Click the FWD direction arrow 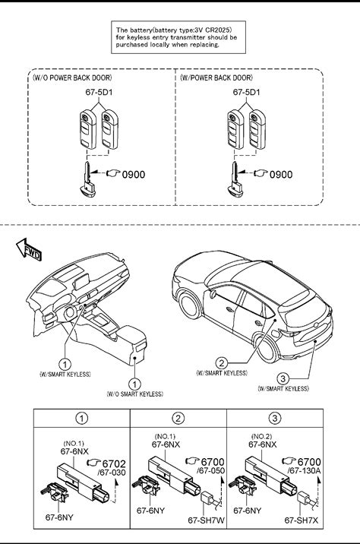29,249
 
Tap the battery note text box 178,37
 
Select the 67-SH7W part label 206,520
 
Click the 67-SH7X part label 302,520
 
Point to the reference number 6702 114,463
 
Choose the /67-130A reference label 305,471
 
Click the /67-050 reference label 211,471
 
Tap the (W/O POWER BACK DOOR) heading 72,77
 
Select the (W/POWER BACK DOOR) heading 216,77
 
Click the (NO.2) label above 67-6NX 261,436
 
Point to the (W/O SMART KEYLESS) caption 135,394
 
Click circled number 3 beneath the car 283,378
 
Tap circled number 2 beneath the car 221,363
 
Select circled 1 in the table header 81,418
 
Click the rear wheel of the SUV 267,348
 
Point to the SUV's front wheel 190,306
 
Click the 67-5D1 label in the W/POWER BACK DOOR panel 246,92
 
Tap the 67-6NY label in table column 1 59,517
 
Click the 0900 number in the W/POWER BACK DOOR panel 281,174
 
